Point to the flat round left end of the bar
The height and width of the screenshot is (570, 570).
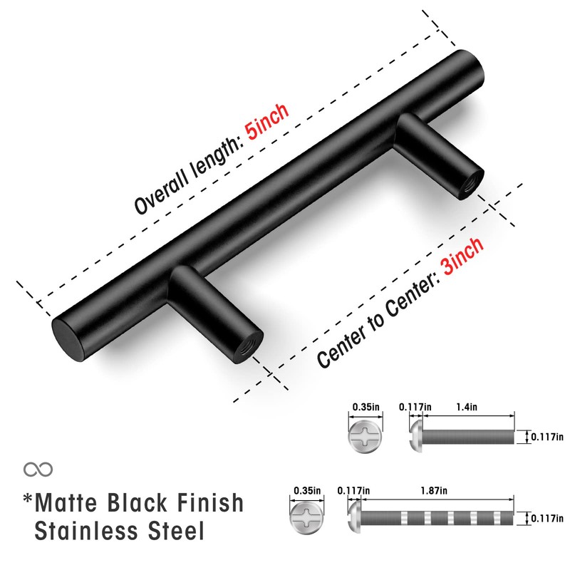coord(67,337)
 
